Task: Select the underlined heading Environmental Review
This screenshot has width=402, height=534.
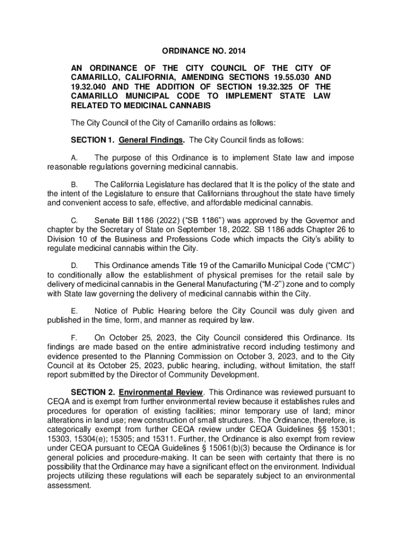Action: [x=161, y=392]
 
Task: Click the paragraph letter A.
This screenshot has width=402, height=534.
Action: [x=74, y=158]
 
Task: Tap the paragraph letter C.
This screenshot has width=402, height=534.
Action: [x=74, y=221]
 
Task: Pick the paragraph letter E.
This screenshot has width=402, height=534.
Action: [x=74, y=311]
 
